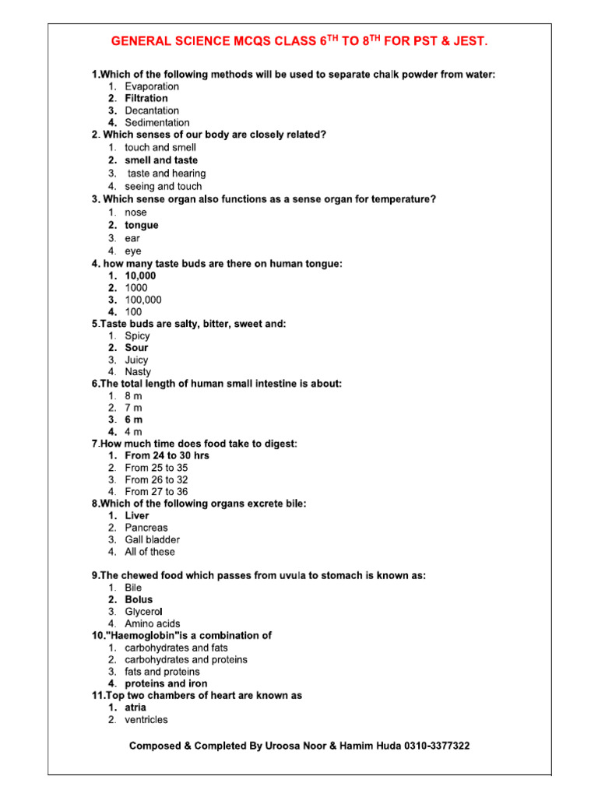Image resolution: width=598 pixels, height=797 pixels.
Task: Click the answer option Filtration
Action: click(146, 99)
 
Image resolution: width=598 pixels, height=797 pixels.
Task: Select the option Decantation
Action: click(151, 111)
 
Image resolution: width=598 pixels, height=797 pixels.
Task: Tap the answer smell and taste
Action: click(161, 160)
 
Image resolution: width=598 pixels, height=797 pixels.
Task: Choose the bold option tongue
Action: click(141, 225)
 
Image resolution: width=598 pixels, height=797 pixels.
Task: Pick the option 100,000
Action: click(143, 300)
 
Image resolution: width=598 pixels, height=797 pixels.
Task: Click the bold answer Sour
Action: click(136, 348)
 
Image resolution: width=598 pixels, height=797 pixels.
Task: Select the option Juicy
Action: click(136, 360)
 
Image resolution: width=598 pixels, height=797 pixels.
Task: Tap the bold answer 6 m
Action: click(133, 420)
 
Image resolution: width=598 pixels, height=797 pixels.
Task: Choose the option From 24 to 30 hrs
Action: click(167, 455)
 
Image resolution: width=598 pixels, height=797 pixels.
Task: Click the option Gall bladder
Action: click(152, 539)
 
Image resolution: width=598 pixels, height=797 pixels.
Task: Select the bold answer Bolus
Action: click(139, 600)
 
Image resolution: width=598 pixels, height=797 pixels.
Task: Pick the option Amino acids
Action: click(152, 623)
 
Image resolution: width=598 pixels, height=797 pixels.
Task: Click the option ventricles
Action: click(146, 720)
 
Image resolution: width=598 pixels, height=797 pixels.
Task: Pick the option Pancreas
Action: click(146, 528)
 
